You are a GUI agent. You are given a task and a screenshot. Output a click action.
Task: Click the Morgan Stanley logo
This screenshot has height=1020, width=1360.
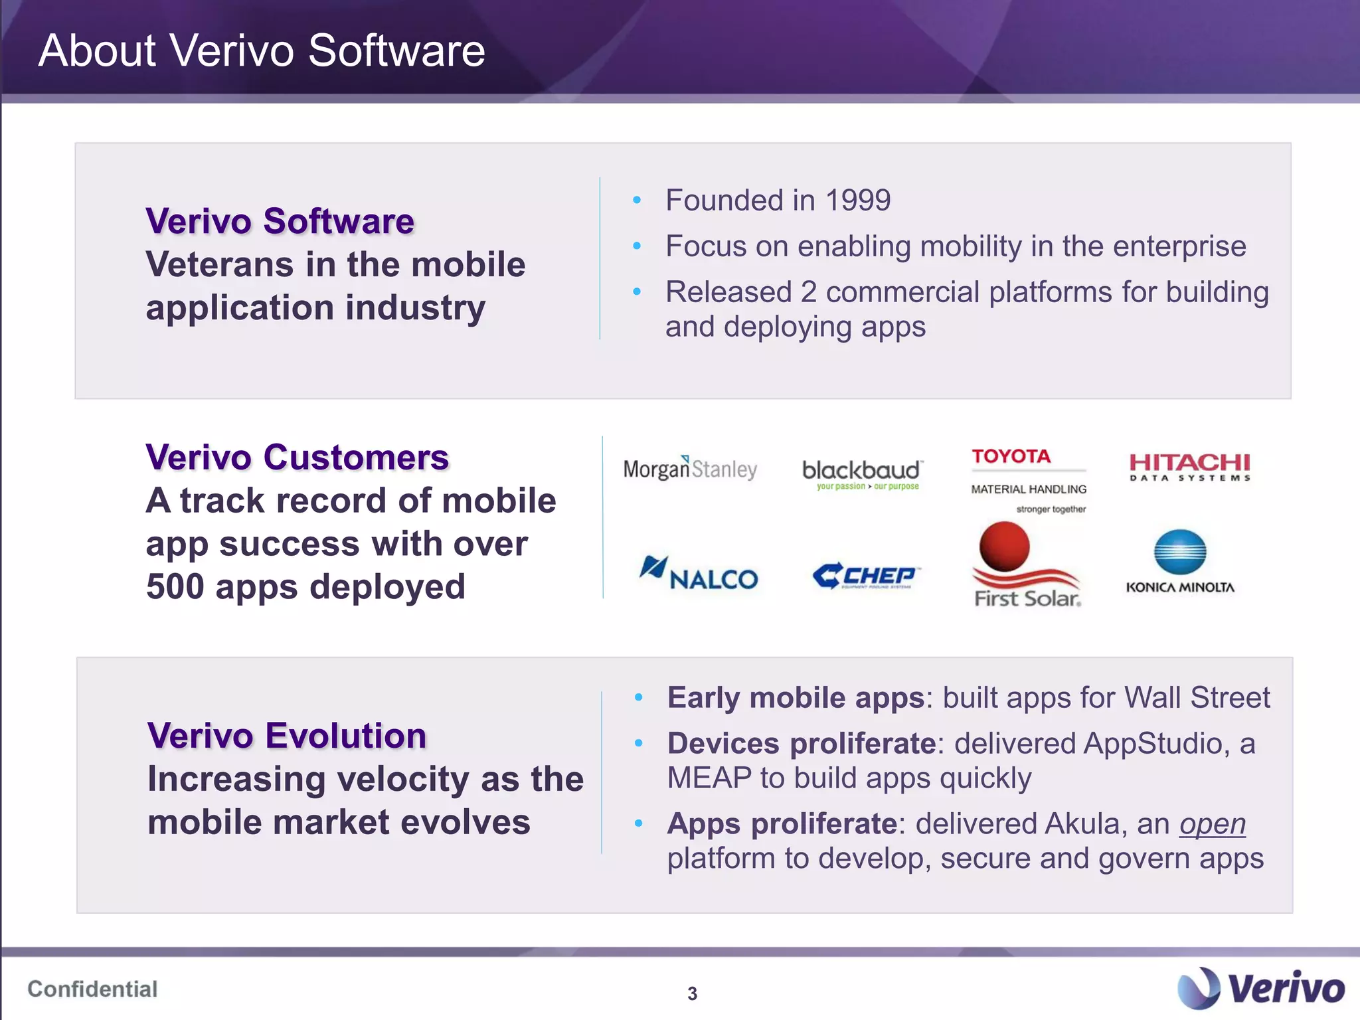[689, 469]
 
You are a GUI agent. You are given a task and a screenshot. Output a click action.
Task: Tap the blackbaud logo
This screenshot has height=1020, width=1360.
[861, 473]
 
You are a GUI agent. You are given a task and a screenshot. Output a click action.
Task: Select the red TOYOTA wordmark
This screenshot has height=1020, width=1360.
[1011, 457]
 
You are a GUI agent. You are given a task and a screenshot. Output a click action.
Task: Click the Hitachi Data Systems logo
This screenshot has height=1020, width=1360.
[1189, 466]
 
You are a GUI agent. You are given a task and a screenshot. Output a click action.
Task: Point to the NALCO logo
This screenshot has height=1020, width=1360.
[699, 574]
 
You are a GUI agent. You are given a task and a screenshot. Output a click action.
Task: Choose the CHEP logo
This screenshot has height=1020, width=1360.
[865, 576]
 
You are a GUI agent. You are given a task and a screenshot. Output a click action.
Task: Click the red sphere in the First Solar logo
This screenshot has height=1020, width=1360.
[1004, 546]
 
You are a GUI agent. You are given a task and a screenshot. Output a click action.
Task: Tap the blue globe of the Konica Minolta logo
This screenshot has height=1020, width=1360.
[1179, 552]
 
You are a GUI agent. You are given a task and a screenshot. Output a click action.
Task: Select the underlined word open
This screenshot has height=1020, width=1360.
[1212, 824]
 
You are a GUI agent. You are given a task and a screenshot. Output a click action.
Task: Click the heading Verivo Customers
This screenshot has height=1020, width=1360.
[297, 458]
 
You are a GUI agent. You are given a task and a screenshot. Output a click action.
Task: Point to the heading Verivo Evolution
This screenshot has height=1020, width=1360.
[286, 736]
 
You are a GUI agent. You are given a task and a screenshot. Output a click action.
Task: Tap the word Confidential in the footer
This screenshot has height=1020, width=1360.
[92, 989]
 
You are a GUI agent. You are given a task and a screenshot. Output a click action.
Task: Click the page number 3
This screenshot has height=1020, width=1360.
[692, 993]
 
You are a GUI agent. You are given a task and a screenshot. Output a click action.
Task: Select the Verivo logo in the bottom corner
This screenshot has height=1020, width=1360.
[1260, 987]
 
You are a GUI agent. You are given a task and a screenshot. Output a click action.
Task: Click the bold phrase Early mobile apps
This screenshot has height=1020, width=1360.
[796, 698]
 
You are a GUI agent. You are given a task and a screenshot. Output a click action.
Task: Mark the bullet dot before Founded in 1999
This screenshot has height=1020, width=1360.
[637, 200]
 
